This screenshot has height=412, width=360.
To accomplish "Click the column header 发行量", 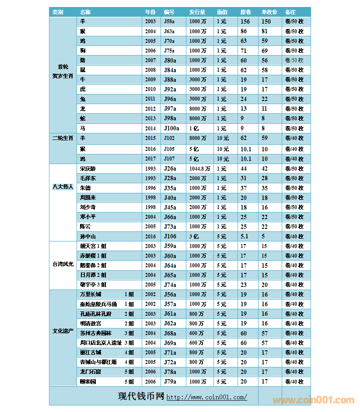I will point(197,12).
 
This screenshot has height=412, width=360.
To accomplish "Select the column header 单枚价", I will point(269,12).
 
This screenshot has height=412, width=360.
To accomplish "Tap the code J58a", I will point(169,21).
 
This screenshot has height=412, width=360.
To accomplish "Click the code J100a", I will point(171,129).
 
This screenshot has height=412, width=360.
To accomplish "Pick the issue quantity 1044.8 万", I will point(199,169).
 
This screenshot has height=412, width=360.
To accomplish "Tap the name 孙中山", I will point(87,237).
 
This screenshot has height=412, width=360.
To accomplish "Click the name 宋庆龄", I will point(87,169).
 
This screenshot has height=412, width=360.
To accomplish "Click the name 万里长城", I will point(91,294).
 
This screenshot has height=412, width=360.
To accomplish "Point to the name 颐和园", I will point(87,381).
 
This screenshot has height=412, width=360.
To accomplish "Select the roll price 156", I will point(245,21).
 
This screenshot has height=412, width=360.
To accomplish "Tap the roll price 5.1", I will point(245,237).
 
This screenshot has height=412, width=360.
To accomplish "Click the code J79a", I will point(170,381).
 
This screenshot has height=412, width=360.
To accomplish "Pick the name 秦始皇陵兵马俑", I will point(98,304).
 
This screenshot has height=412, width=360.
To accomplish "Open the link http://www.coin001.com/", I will point(206,397).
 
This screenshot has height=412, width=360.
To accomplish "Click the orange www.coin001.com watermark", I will point(313,400).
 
